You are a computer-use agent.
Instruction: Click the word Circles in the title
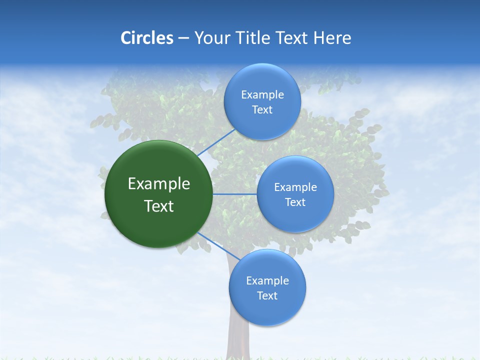pos(146,38)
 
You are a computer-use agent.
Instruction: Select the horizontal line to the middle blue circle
pos(234,194)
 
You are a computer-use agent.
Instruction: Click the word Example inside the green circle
pos(159,184)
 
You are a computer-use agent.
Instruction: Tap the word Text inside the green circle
pos(159,206)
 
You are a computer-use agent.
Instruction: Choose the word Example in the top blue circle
pos(262,95)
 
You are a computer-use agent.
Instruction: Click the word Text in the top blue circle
pos(262,110)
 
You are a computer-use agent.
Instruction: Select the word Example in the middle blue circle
pos(295,187)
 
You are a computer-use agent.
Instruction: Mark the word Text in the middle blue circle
pos(295,202)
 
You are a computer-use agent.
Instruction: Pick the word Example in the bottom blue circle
pos(267,281)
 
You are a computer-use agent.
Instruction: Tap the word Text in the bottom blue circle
pos(267,296)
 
